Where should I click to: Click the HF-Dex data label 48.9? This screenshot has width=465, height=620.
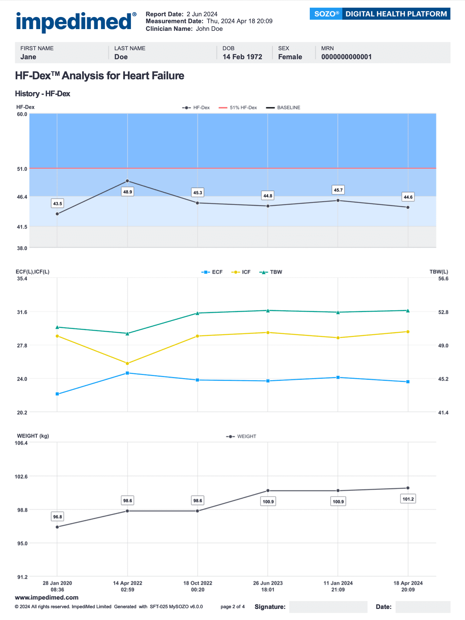pos(128,192)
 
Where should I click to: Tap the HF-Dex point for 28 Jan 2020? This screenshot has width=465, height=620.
pos(57,214)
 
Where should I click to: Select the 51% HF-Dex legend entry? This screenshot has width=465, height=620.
pos(238,108)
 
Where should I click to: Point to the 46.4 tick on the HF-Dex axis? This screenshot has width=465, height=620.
pos(22,197)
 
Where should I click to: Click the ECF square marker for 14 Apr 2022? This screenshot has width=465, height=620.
pos(128,373)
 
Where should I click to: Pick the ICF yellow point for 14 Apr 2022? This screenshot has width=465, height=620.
pos(128,363)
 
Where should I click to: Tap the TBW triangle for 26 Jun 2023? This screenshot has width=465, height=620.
pos(268,311)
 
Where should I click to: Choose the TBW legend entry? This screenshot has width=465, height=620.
pos(271,272)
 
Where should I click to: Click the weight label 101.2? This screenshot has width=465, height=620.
pos(408,499)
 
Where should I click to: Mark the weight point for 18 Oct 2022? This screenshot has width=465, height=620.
pos(198,511)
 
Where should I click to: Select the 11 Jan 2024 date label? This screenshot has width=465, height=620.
pos(338,586)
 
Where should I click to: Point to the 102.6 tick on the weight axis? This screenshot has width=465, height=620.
pos(21,477)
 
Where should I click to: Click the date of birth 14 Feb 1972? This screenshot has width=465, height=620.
pos(242,57)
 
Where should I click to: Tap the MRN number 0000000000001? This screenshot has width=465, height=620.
pos(346,57)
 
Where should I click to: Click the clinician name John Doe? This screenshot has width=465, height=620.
pos(209,29)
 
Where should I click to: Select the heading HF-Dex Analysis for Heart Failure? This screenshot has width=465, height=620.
pos(99,76)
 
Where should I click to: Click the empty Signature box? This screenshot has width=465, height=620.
pos(328,607)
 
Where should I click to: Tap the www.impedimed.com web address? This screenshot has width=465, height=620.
pos(47,597)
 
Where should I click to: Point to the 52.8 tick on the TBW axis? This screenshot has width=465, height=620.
pos(443,312)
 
